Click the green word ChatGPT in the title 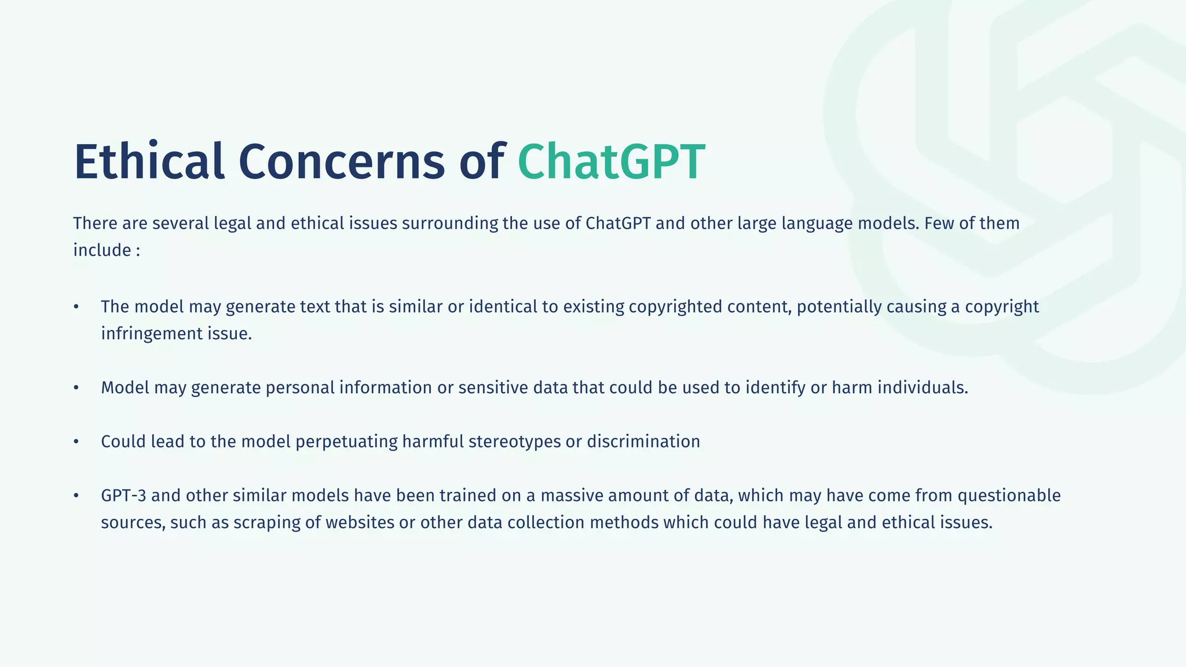tap(611, 162)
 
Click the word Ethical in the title tap(149, 162)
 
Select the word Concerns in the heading tap(342, 162)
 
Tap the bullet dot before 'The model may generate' tap(76, 307)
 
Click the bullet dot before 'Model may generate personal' tap(76, 388)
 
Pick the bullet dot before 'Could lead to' tap(76, 442)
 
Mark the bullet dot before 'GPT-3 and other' tap(76, 496)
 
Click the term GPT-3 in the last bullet tap(123, 496)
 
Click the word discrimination tap(643, 442)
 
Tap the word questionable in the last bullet tap(1009, 496)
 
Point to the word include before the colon tap(102, 250)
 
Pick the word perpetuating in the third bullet tap(346, 442)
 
